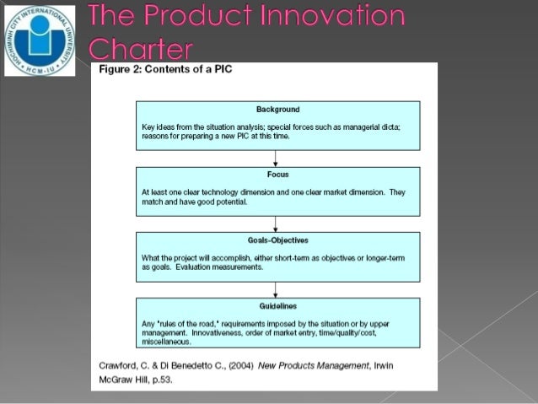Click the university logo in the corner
(40, 39)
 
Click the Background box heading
(277, 110)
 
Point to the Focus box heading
(277, 175)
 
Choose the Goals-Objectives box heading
(277, 240)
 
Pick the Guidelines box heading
(277, 305)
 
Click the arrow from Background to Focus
(277, 159)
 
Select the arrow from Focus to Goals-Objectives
(277, 224)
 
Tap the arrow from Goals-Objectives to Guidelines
(277, 288)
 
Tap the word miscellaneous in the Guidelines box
(167, 342)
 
